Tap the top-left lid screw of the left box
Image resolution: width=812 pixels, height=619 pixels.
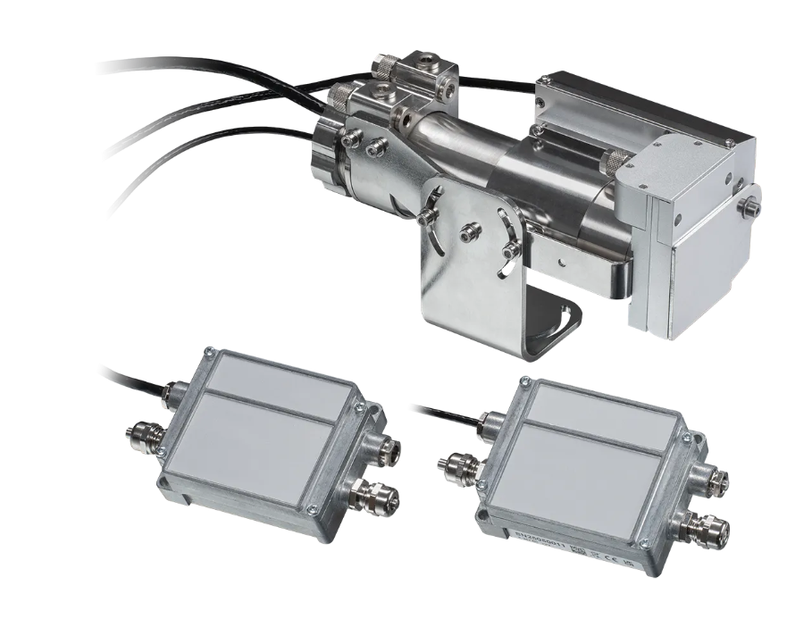point(208,356)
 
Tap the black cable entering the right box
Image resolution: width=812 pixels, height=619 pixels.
point(447,412)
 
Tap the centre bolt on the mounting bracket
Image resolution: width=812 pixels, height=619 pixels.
point(466,235)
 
